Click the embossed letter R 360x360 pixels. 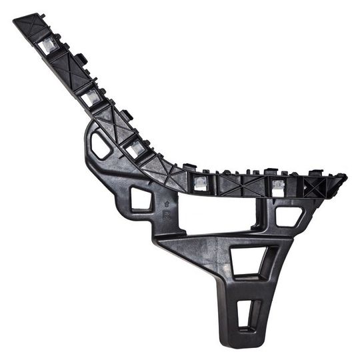coord(166,215)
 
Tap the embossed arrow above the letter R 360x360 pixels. coord(166,204)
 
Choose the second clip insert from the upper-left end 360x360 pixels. coord(91,97)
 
